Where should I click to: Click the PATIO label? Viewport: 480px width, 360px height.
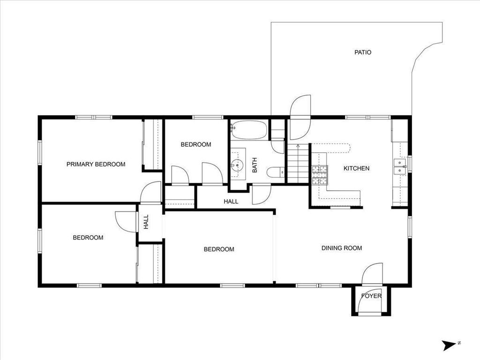click(363, 52)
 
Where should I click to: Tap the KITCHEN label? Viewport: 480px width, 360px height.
click(356, 168)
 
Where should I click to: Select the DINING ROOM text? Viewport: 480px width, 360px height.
click(342, 248)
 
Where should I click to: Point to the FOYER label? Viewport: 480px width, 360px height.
click(371, 296)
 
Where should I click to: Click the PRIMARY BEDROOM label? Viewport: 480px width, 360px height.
click(96, 165)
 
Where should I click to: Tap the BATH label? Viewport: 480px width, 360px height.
click(255, 165)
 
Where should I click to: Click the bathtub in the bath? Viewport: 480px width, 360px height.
click(249, 129)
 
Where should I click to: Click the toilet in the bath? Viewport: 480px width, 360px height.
click(276, 172)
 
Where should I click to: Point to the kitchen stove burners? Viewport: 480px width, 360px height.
click(320, 175)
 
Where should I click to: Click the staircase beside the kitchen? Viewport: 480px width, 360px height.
click(298, 164)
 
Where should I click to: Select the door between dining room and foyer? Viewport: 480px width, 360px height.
click(372, 274)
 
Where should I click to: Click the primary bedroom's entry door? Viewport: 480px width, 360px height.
click(150, 193)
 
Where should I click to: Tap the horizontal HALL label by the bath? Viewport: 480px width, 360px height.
click(231, 202)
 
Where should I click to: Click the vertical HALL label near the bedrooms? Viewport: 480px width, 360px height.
click(146, 222)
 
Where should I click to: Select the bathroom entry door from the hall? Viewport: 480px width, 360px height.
click(261, 195)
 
